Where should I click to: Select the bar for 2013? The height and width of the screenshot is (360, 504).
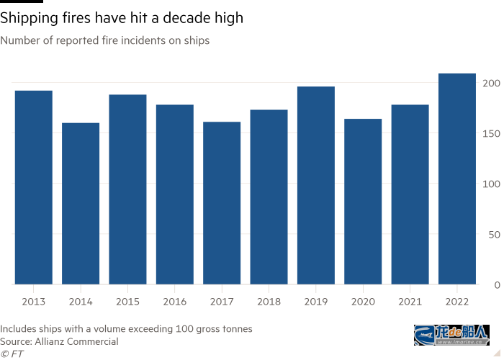tap(33, 187)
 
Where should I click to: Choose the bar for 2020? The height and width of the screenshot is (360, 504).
tap(363, 202)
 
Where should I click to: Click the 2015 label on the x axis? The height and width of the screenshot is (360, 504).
tap(127, 300)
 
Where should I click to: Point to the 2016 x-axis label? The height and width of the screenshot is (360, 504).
tap(174, 300)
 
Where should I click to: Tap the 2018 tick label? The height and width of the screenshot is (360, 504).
tap(269, 300)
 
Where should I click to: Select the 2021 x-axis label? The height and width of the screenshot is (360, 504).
tap(410, 300)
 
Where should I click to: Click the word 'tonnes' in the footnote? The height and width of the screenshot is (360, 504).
tap(236, 329)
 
